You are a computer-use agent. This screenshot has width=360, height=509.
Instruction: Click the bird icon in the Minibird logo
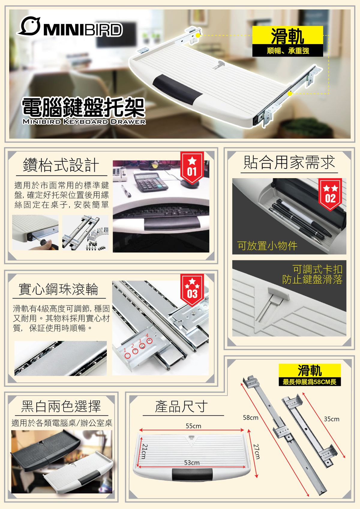point(29,26)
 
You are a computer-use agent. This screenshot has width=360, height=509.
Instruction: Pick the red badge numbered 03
point(192,290)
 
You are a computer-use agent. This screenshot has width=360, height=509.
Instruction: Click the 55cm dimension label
point(193,426)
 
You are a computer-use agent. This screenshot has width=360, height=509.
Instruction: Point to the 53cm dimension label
point(192,463)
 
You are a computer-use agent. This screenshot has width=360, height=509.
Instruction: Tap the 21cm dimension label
point(145,451)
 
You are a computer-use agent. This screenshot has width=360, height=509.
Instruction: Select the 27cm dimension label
point(256,451)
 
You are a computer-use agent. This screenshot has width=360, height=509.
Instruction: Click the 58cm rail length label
point(251,418)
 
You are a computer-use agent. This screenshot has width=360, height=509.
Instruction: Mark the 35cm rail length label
point(331,419)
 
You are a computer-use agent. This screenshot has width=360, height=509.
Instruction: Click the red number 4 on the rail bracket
point(147,335)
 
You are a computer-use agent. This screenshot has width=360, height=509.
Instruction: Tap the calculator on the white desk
point(151,182)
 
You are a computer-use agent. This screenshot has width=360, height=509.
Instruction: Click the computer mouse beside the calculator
point(188,183)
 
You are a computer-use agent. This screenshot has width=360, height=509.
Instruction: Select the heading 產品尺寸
point(181,406)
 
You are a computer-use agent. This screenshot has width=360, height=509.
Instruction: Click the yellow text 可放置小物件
point(267,246)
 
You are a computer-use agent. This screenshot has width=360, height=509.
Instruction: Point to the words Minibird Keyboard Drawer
point(84,121)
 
